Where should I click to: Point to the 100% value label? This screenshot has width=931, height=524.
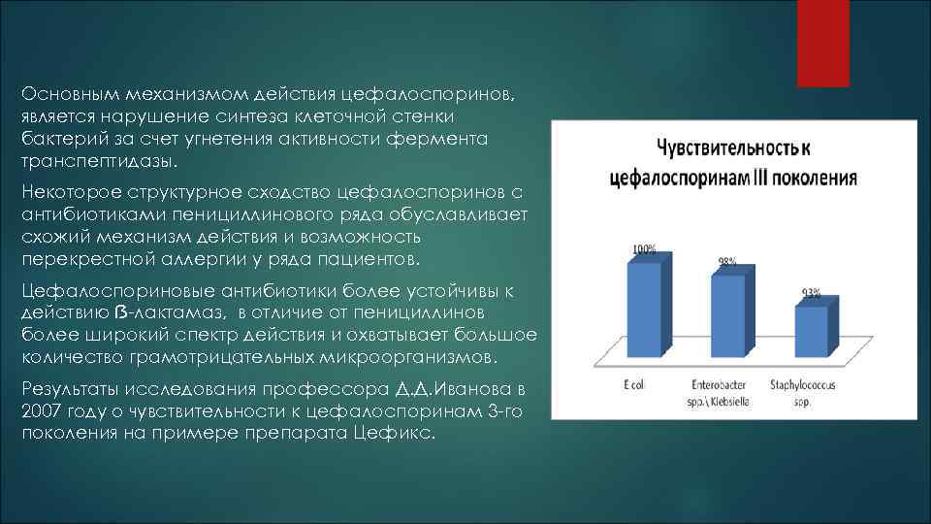(643, 249)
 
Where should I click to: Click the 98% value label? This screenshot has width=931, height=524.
(726, 262)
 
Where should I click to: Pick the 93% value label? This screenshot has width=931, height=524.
(811, 292)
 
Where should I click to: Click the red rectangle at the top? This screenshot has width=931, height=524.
(822, 44)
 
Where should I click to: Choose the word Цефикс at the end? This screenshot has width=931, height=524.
(407, 433)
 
